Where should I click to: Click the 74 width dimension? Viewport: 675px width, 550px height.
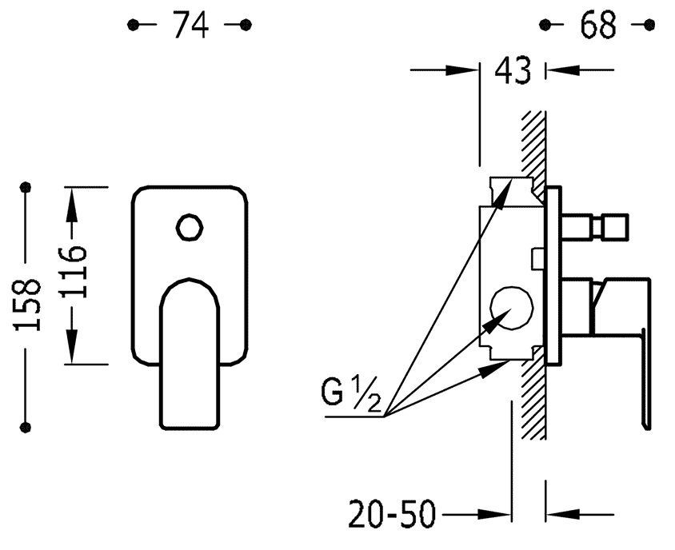(190, 25)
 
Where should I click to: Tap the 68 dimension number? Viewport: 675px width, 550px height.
(597, 25)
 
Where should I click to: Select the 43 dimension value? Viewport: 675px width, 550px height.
(513, 70)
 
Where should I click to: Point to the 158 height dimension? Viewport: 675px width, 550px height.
(28, 305)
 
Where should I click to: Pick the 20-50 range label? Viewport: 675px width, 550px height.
(392, 514)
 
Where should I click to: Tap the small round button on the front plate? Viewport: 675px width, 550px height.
(190, 227)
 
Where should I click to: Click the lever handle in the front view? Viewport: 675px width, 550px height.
(190, 353)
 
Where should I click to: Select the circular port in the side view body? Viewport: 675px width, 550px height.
(511, 308)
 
